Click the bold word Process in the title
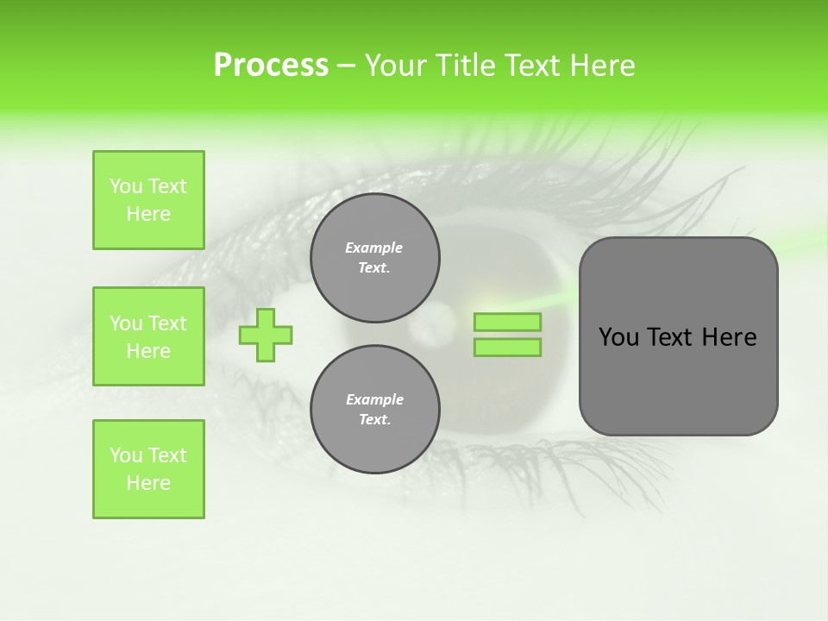[271, 66]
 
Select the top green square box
[148, 200]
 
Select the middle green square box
[148, 336]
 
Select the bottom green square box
[148, 469]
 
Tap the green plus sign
[266, 335]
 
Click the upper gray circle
[375, 258]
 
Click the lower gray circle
[375, 410]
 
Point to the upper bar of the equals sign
[507, 323]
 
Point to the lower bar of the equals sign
[507, 348]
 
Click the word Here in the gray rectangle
[729, 337]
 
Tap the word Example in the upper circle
[373, 248]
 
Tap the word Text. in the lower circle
[374, 420]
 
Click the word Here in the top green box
[148, 214]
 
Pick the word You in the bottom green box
[126, 455]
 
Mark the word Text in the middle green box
[167, 323]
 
